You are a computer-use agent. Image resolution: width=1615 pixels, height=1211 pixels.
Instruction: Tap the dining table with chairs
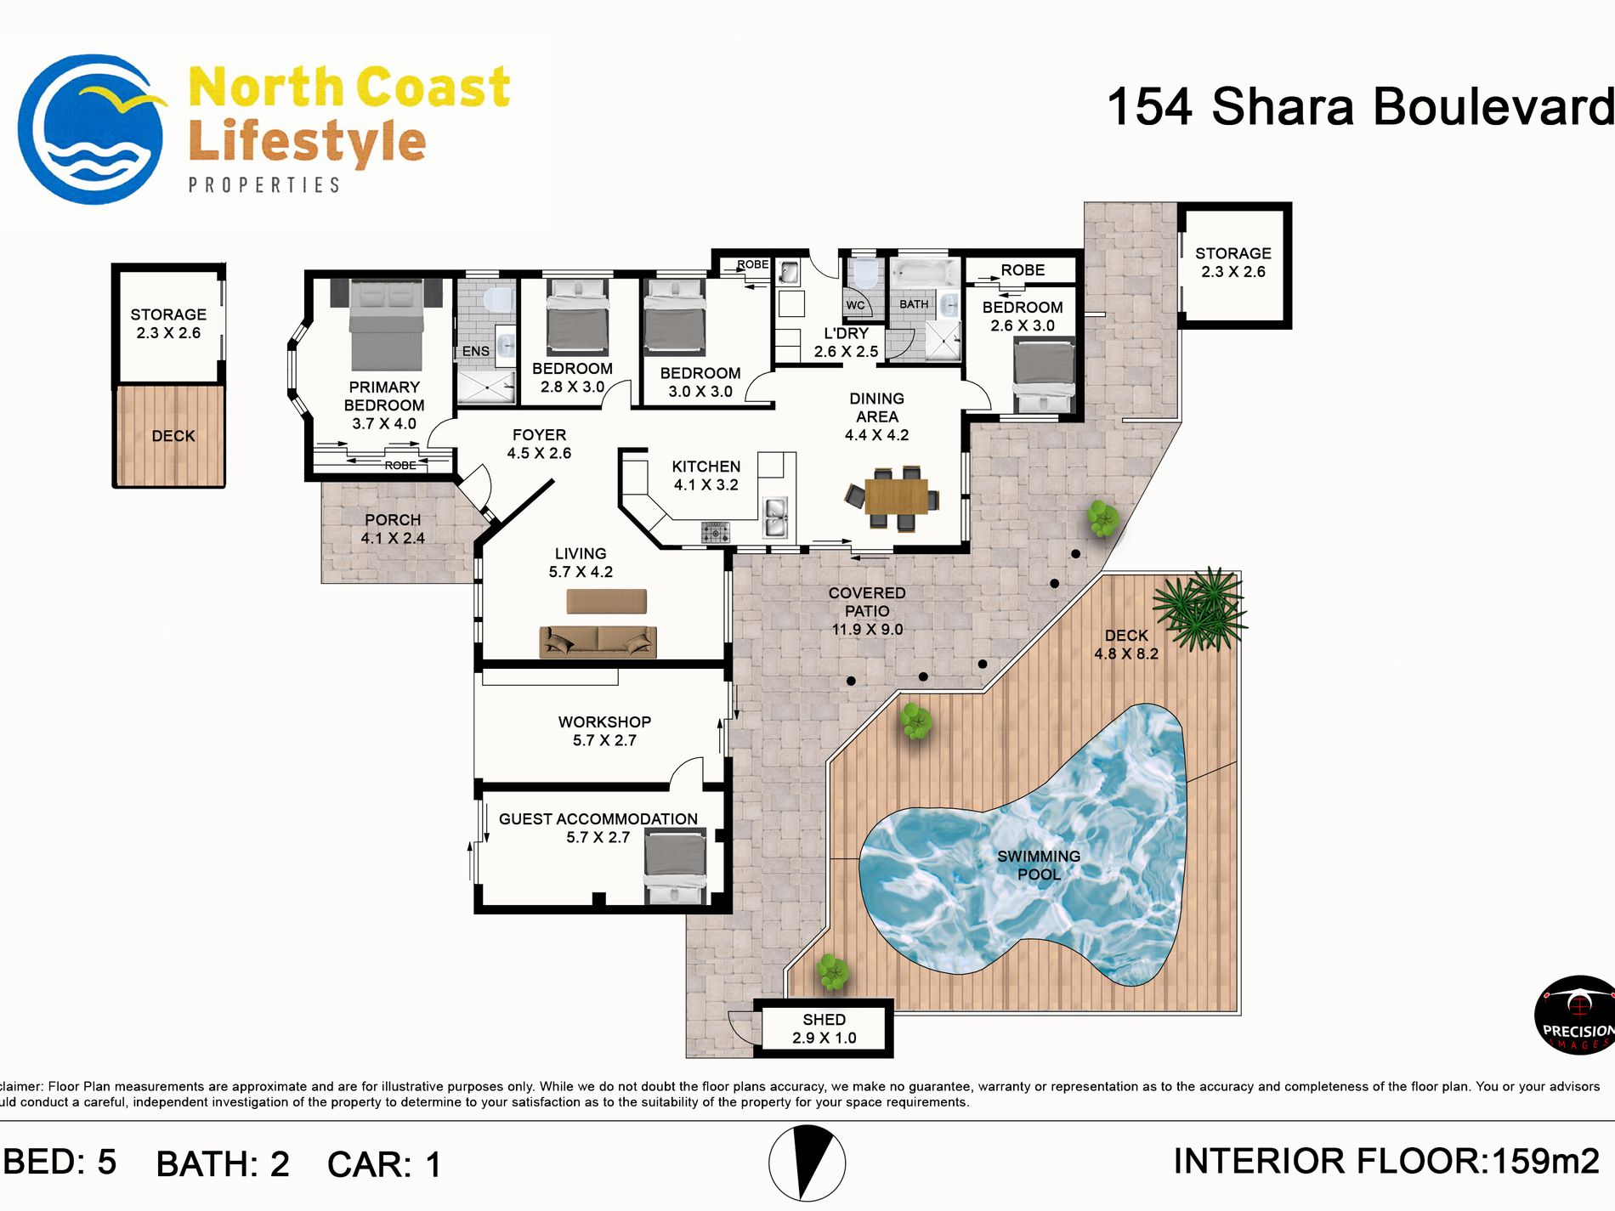(x=893, y=497)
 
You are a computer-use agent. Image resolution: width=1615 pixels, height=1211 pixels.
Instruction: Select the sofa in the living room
(x=598, y=642)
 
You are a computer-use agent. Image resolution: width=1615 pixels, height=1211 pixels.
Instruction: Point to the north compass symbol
(x=807, y=1163)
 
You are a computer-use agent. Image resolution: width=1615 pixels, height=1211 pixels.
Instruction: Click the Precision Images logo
(x=1576, y=1015)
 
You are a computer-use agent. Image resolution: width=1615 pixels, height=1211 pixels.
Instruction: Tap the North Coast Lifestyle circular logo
(x=92, y=129)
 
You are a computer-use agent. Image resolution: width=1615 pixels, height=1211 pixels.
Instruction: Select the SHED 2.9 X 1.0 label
(x=824, y=1028)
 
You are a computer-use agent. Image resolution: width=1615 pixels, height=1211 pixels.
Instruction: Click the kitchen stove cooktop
(x=715, y=533)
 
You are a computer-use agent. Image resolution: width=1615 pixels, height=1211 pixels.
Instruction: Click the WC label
(x=855, y=305)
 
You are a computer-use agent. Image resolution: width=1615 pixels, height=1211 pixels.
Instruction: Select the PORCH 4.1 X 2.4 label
(x=393, y=529)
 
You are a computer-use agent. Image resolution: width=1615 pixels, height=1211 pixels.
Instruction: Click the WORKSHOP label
(x=604, y=722)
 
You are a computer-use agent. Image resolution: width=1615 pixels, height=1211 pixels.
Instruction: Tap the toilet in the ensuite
(x=498, y=299)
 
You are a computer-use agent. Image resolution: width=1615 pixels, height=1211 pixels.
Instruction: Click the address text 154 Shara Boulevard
(x=1360, y=107)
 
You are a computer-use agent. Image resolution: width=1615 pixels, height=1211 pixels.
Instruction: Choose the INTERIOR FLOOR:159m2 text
(x=1386, y=1161)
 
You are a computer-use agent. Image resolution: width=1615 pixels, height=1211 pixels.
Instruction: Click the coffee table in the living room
(x=607, y=601)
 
